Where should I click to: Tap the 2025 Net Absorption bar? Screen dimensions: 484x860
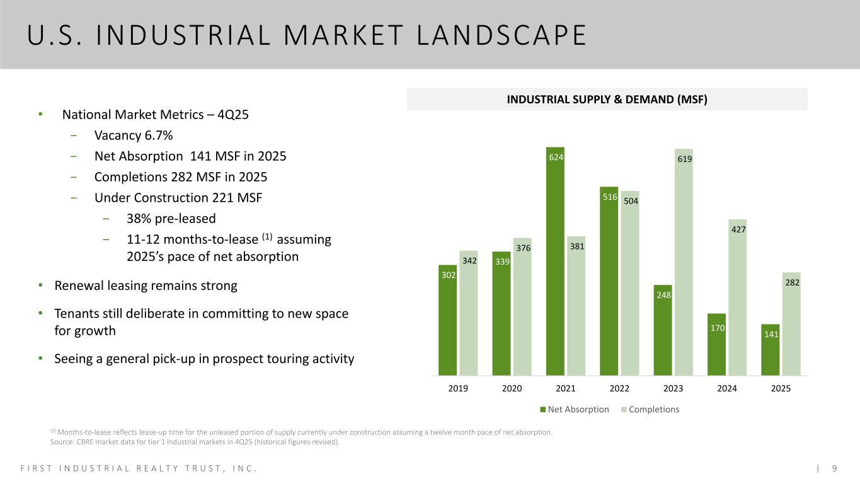(x=771, y=350)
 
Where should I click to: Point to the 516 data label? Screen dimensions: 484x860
(x=609, y=197)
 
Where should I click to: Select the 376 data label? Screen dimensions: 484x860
(x=523, y=248)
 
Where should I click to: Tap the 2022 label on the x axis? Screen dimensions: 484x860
(x=619, y=389)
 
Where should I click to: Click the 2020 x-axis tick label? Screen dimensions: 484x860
(x=512, y=389)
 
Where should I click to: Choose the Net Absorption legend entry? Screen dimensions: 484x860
(x=574, y=410)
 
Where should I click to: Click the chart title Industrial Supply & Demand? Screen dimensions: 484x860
(x=607, y=99)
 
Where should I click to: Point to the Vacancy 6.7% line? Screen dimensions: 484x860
(x=133, y=135)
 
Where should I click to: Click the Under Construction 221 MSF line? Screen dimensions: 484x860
(x=178, y=198)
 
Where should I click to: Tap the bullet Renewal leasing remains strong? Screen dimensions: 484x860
(x=146, y=285)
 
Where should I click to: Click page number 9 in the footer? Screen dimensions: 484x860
(x=834, y=468)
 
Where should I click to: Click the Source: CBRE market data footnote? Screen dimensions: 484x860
(x=195, y=442)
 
